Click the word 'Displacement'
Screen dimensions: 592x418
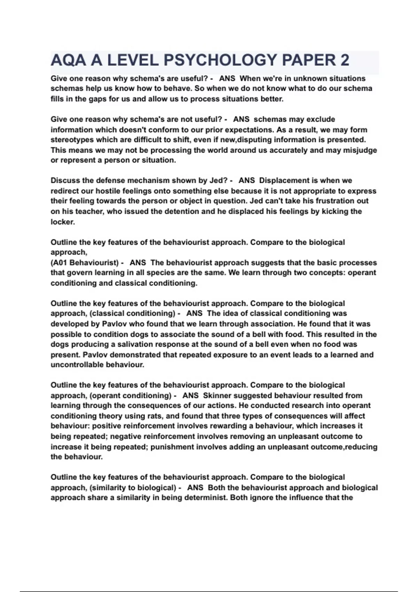[284, 181]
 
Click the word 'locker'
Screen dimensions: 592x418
[62, 222]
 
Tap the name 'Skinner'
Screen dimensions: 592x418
[217, 396]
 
